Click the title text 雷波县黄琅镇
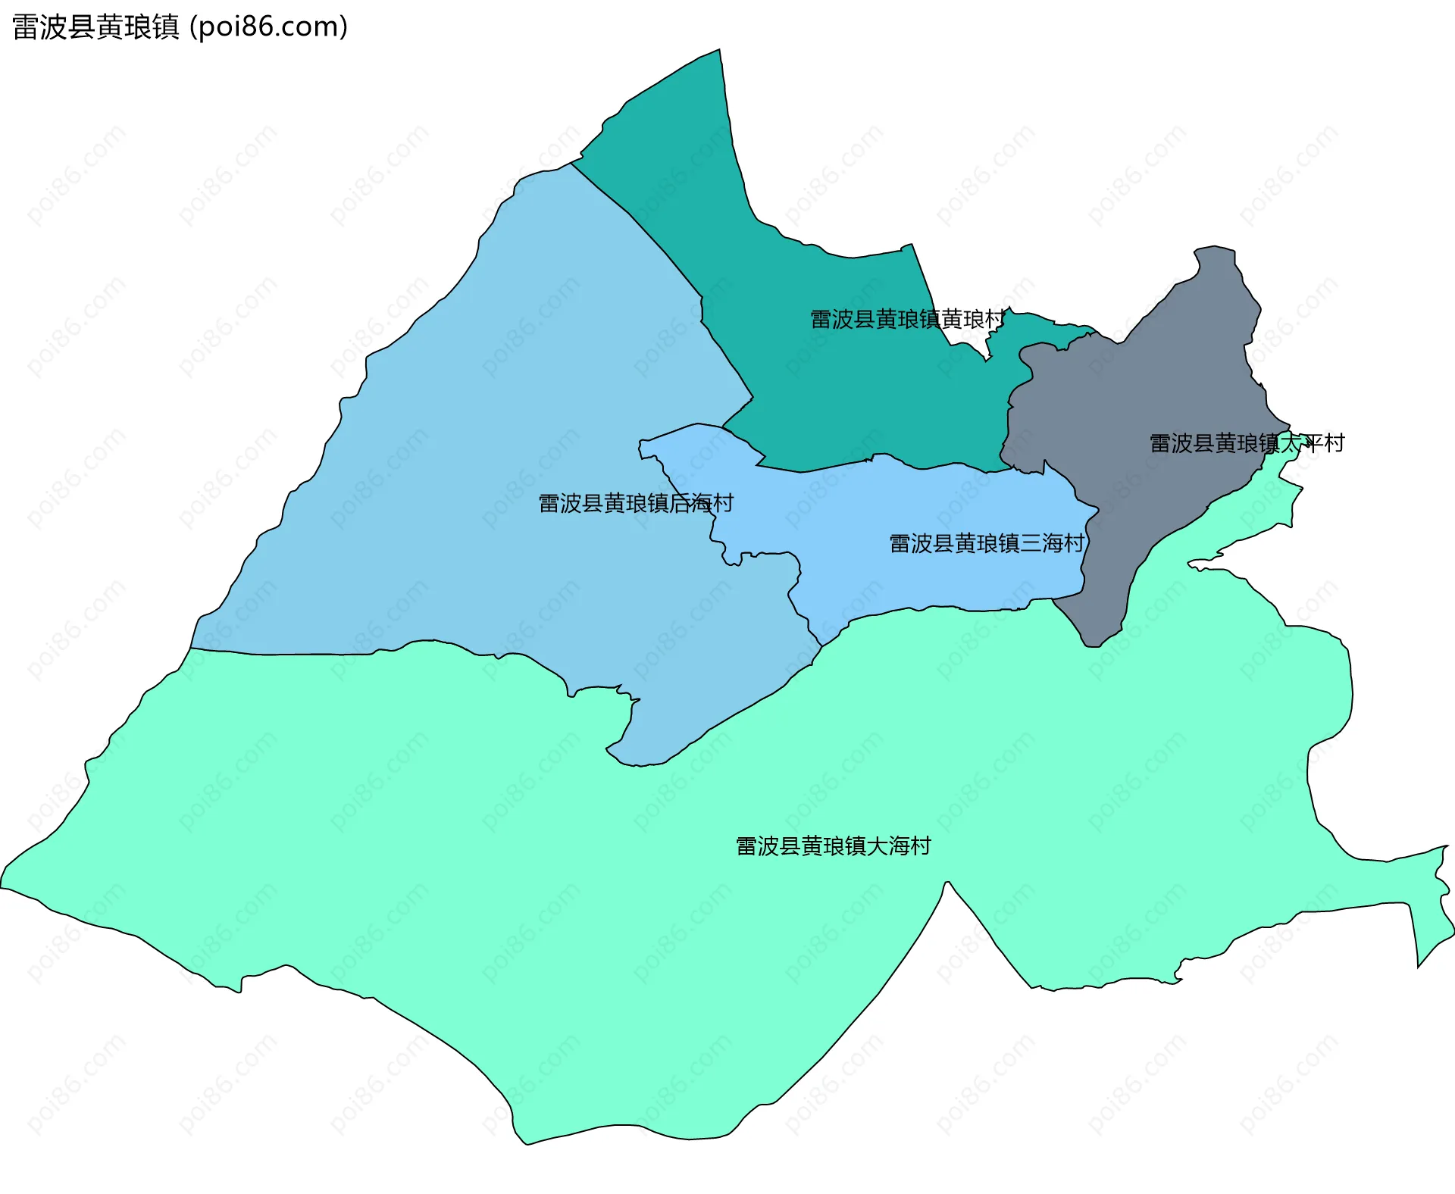click(95, 27)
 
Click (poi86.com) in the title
click(268, 27)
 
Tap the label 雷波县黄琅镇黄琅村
click(907, 319)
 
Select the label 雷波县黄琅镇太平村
click(1247, 443)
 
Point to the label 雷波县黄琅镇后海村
click(635, 503)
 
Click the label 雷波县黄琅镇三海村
click(986, 543)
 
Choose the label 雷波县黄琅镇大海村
click(833, 845)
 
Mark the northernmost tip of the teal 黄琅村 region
click(719, 51)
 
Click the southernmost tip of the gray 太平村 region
click(1092, 645)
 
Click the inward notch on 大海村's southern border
click(947, 883)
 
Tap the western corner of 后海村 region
click(191, 648)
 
